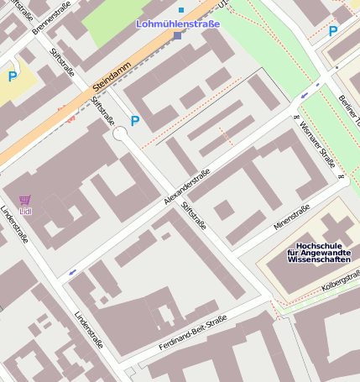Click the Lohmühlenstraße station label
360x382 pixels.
click(x=178, y=24)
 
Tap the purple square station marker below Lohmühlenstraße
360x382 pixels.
click(x=177, y=36)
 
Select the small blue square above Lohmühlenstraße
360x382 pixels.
click(x=180, y=9)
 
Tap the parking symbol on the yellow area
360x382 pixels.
click(x=13, y=76)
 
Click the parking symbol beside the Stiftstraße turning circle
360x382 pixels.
click(x=134, y=121)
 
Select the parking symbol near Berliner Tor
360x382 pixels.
click(x=333, y=32)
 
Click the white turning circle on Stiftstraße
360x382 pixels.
click(x=120, y=133)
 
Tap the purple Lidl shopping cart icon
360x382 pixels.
click(x=25, y=201)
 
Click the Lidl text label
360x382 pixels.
click(x=25, y=211)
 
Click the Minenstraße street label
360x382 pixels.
click(x=291, y=216)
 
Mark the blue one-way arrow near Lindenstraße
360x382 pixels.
click(x=74, y=272)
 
